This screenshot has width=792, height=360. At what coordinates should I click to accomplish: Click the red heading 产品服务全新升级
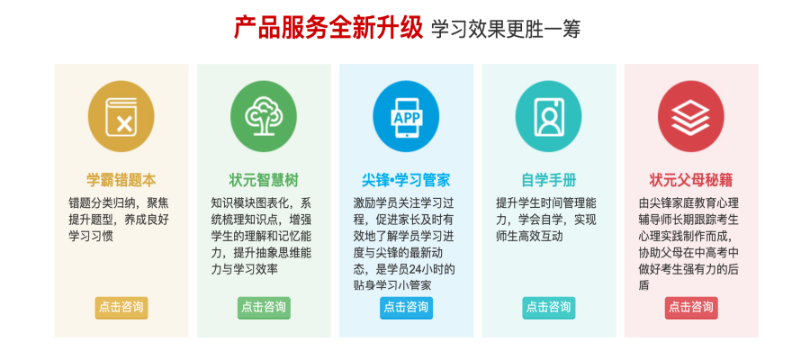[328, 28]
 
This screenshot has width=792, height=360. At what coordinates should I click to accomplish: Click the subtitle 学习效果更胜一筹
[505, 29]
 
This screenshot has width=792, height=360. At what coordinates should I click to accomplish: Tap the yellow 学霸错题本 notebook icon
[121, 118]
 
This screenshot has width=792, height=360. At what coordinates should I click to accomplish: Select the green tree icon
[264, 118]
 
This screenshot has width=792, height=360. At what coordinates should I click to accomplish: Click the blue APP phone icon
[406, 118]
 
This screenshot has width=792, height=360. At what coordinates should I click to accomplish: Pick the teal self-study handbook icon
[548, 118]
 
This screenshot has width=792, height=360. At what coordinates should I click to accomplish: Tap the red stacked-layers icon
[690, 118]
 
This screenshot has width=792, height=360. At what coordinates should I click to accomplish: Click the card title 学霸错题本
[121, 179]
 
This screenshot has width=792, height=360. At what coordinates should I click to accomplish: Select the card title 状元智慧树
[264, 179]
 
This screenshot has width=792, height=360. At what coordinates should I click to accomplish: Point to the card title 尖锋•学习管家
[406, 179]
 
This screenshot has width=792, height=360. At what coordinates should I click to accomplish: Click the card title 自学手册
[548, 179]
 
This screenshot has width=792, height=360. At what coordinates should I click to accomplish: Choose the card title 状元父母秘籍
[690, 179]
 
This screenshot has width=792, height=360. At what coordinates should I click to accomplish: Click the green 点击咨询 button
[264, 307]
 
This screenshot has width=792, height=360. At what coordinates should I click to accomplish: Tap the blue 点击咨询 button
[406, 307]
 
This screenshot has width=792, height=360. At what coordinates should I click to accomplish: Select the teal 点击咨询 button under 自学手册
[548, 307]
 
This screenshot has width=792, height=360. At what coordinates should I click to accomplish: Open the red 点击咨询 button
[690, 307]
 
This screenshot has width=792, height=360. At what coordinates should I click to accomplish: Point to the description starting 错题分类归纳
[118, 219]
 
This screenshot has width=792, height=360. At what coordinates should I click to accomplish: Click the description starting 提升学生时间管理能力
[546, 219]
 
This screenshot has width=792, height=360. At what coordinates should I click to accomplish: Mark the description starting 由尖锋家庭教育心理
[689, 243]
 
